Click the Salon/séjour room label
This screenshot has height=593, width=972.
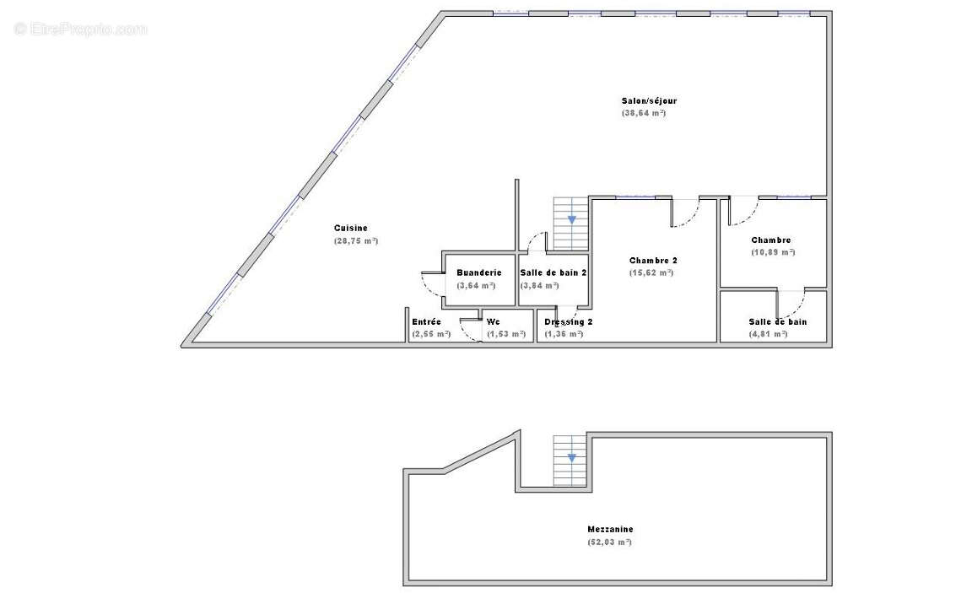coord(649,101)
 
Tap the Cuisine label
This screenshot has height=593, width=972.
coord(350,228)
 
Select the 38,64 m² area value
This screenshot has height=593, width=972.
coord(644,113)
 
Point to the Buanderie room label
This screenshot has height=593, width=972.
coord(478,272)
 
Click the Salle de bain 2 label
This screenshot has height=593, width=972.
coord(553,272)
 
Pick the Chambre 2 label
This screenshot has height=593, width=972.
coord(653,261)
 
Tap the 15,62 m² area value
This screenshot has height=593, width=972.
coord(651,272)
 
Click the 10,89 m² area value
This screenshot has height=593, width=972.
coord(773,252)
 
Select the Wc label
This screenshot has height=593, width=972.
coord(494,321)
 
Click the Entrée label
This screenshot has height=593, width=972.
coord(426,321)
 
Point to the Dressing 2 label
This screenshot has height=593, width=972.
coord(568,322)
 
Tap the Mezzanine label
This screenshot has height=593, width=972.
coord(610,530)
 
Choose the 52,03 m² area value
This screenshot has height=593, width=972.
coord(610,542)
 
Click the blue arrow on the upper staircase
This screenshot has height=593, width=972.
coord(571,219)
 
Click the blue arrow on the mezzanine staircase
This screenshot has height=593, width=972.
coord(571,458)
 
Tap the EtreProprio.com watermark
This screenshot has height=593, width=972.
coord(80,29)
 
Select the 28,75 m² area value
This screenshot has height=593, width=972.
coord(355,240)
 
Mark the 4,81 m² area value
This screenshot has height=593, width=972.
coord(768,334)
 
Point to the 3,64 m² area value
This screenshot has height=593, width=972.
coord(476,285)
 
